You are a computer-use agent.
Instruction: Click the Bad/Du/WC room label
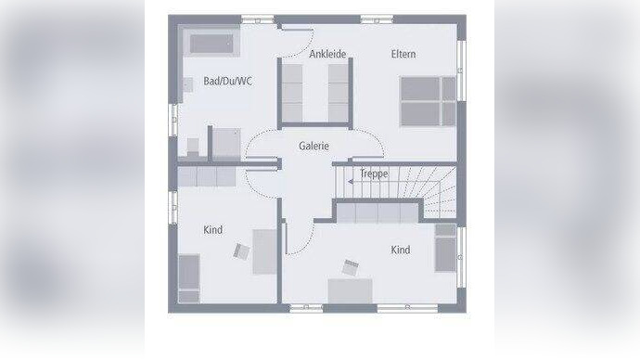point(227,82)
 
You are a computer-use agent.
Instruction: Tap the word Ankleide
point(327,54)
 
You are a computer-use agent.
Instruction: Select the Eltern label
point(403,54)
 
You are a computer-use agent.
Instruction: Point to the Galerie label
point(314,146)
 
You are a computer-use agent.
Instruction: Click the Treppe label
point(374,173)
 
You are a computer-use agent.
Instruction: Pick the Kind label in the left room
point(212,230)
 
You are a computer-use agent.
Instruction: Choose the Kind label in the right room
point(400,250)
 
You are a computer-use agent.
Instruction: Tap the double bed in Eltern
point(427,101)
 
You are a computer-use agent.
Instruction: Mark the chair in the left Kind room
point(243,251)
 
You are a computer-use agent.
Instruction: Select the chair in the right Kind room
point(351,267)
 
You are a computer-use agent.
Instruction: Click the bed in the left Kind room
point(188,276)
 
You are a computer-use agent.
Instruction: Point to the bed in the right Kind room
point(445,248)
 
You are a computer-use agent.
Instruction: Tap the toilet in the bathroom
point(193,147)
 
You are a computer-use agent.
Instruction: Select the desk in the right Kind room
point(350,290)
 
